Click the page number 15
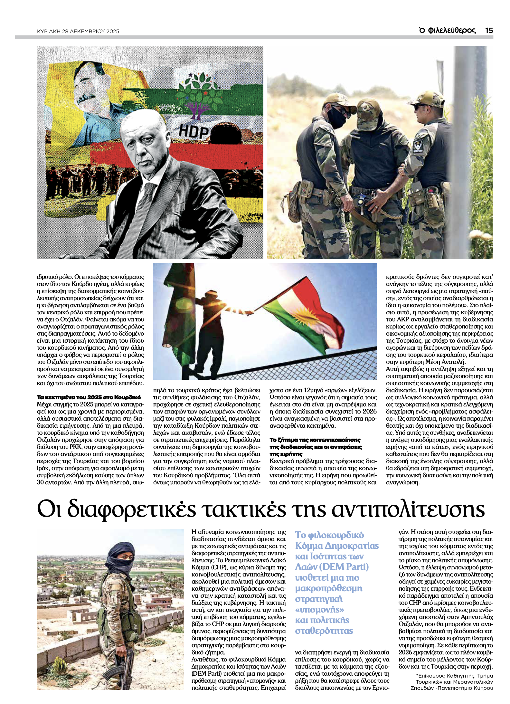[x=489, y=30]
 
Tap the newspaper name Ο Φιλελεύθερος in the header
[x=447, y=30]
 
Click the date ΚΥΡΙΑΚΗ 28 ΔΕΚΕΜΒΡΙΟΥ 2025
[x=78, y=31]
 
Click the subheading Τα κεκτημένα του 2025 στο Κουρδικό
[x=89, y=397]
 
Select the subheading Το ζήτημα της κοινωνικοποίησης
[x=315, y=440]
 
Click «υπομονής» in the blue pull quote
[x=319, y=609]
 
